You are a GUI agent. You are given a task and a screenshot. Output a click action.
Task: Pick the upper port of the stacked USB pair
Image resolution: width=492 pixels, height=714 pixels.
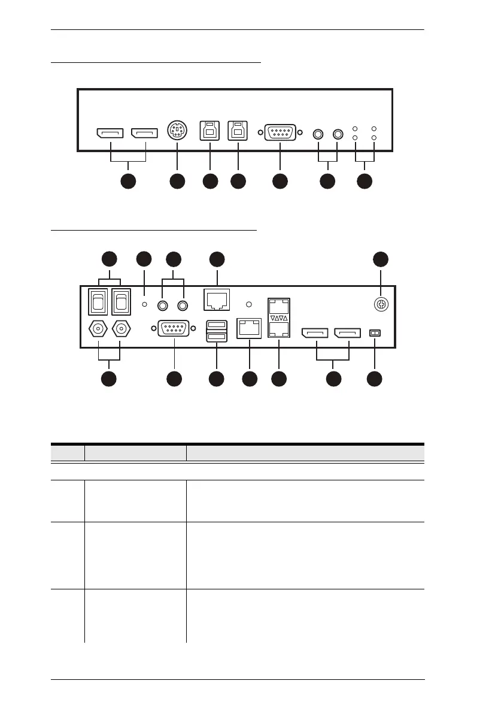(x=217, y=325)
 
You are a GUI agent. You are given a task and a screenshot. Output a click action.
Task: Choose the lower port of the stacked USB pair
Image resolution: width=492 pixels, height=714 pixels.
(x=217, y=338)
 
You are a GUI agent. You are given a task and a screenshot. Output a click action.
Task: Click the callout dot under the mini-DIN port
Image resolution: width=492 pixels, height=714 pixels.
(x=177, y=181)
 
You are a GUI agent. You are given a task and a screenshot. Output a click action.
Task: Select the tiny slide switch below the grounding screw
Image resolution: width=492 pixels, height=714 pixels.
(x=375, y=332)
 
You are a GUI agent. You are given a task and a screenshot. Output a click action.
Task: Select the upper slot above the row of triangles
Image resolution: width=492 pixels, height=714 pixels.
(x=278, y=304)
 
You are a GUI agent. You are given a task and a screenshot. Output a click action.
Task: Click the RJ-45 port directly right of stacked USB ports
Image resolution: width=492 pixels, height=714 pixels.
(x=249, y=328)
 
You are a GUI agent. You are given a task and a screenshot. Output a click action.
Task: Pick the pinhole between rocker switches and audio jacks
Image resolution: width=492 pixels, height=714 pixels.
(x=144, y=305)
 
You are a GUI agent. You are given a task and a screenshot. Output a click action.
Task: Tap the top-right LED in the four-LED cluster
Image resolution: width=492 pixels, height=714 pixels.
(x=375, y=129)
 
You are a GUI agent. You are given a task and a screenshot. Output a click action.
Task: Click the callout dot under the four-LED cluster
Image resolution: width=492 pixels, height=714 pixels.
(x=365, y=181)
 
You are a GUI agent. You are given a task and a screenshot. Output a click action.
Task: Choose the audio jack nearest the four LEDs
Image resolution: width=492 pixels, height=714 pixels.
(x=338, y=134)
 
